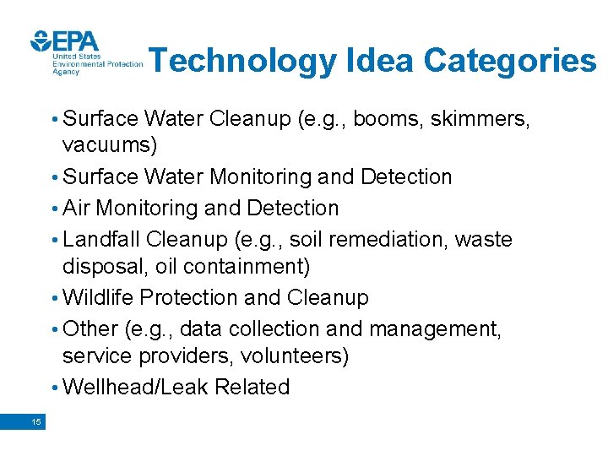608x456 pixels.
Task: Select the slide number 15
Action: (x=35, y=422)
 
